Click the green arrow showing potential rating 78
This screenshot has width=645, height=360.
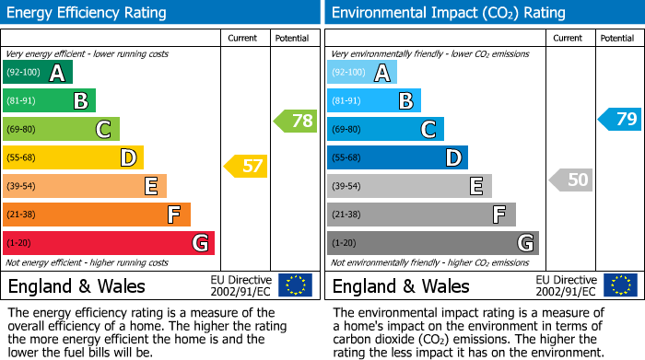296,120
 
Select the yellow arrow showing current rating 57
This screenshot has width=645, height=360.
246,167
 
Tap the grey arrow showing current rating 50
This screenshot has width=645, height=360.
570,180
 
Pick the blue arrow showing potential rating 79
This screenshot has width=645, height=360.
619,119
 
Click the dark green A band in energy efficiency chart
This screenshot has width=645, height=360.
38,73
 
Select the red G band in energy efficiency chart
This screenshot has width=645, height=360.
109,243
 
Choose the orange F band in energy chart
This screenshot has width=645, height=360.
97,215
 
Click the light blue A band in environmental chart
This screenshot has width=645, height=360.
362,73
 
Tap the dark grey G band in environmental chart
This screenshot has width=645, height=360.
433,243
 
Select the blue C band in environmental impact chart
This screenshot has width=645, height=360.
385,130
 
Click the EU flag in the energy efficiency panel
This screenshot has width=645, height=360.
295,285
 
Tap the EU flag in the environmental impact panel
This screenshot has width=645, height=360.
619,285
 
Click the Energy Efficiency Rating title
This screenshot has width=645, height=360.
88,13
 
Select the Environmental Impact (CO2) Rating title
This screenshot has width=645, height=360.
448,13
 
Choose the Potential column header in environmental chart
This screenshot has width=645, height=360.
617,38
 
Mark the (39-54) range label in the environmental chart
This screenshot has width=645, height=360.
347,187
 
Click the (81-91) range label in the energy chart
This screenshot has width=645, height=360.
23,101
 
